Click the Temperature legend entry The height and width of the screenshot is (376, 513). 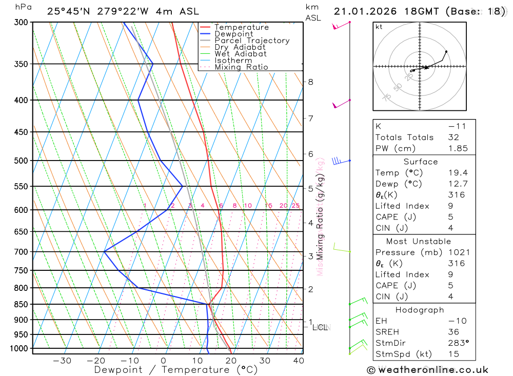click(241, 27)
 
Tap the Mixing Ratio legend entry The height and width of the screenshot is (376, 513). click(241, 67)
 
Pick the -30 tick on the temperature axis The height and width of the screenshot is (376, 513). click(62, 361)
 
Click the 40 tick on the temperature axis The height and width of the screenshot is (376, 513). click(298, 361)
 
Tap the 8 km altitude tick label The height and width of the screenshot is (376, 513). click(310, 82)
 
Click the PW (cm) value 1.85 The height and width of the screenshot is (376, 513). click(458, 148)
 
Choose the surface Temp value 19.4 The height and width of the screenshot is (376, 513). click(458, 173)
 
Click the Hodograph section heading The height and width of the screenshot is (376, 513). click(420, 310)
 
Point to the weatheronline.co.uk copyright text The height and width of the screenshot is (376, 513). click(427, 370)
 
